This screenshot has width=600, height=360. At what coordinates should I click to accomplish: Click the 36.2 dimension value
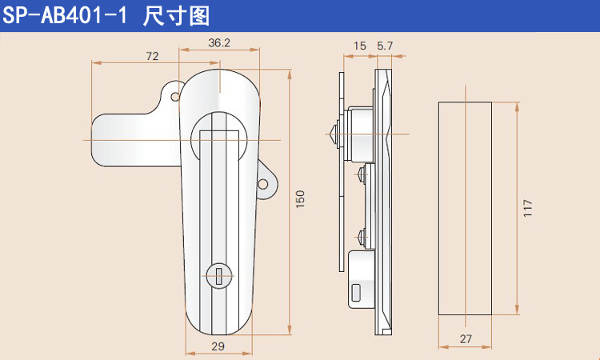click(x=219, y=42)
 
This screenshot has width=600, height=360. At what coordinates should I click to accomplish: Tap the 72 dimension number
click(x=152, y=56)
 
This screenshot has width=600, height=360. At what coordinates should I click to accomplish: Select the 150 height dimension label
click(x=300, y=199)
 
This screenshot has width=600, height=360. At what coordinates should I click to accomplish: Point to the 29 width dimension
click(x=218, y=346)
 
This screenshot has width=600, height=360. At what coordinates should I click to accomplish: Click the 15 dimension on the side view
click(x=360, y=46)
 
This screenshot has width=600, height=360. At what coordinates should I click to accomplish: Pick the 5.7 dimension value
click(x=385, y=46)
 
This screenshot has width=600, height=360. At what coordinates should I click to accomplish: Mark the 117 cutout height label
click(x=528, y=208)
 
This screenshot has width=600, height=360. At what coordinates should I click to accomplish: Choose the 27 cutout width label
click(x=466, y=339)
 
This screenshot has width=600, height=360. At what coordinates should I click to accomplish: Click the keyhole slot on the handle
click(x=219, y=276)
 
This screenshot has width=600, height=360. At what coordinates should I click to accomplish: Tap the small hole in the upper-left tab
click(x=175, y=97)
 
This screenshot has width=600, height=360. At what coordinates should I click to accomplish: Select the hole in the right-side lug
click(x=263, y=184)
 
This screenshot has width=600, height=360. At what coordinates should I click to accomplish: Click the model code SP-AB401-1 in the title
click(x=65, y=16)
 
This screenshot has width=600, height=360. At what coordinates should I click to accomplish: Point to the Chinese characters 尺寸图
click(x=177, y=16)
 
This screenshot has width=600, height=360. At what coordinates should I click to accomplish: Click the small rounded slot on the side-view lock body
click(x=356, y=293)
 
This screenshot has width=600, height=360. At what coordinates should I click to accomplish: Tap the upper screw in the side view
click(x=362, y=174)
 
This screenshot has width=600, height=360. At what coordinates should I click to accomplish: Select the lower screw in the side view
click(x=362, y=237)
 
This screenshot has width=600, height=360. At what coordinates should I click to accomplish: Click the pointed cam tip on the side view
click(x=332, y=134)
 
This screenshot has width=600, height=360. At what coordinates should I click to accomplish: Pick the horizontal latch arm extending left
click(x=136, y=140)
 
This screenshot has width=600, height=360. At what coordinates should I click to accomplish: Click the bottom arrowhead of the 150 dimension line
click(x=290, y=330)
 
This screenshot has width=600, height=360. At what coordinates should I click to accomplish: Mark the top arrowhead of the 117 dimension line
click(x=518, y=106)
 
